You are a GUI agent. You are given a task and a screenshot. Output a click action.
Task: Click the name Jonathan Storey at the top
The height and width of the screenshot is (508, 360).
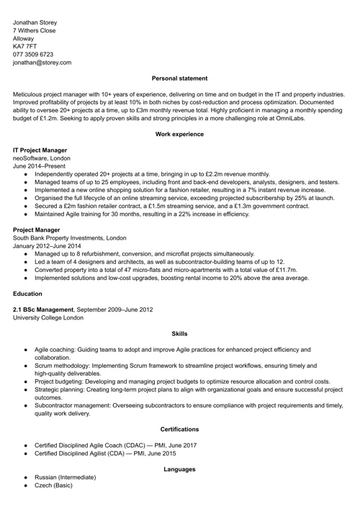(40, 22)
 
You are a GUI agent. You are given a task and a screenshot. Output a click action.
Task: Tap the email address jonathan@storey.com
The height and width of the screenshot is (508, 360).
(42, 63)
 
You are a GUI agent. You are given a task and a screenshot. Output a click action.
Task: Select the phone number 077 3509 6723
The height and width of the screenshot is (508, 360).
(32, 53)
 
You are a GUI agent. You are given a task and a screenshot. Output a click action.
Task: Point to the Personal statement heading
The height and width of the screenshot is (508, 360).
(179, 78)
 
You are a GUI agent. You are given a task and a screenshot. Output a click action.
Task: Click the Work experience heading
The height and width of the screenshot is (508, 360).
(179, 134)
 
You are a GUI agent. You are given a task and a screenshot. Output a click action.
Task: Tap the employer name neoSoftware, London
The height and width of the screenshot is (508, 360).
(42, 158)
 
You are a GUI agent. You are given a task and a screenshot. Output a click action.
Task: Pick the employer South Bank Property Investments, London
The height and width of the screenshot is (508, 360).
(69, 237)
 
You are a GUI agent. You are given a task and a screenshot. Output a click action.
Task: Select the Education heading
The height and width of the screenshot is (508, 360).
(27, 294)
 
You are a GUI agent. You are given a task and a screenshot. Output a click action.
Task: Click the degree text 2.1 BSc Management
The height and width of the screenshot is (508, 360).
(43, 309)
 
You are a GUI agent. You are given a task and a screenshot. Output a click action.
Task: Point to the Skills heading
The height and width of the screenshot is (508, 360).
(179, 334)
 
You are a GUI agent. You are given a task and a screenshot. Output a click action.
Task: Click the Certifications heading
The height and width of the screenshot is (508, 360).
(179, 429)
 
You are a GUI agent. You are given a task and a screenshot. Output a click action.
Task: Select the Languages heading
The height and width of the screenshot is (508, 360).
(179, 469)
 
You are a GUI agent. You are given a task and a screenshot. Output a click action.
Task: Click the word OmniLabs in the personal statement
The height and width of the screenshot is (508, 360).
(290, 118)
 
